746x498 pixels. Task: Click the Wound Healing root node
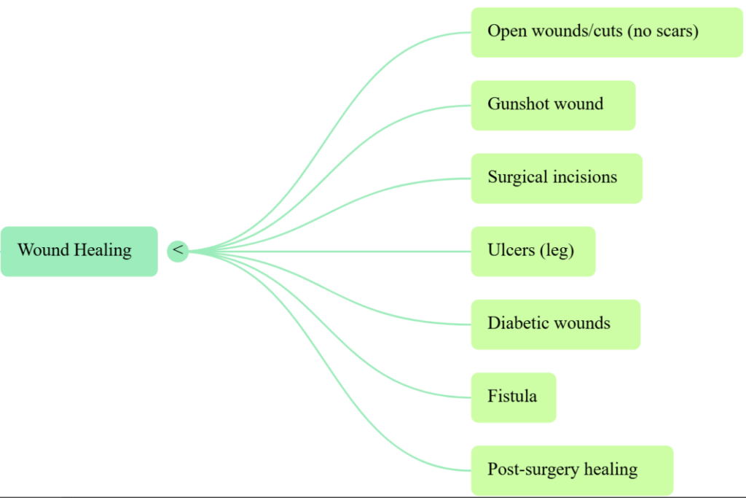click(79, 251)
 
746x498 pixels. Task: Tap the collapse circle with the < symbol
click(178, 251)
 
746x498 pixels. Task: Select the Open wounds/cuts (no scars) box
click(606, 32)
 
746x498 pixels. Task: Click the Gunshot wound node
click(553, 105)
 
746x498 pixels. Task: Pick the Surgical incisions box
click(557, 178)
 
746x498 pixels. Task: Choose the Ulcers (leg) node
click(533, 251)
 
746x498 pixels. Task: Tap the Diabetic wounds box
click(555, 324)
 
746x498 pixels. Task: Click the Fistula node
click(513, 397)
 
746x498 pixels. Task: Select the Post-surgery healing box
click(572, 470)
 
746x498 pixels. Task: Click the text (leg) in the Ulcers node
click(557, 251)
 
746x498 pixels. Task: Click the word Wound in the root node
click(44, 250)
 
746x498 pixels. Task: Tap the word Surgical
click(518, 177)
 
